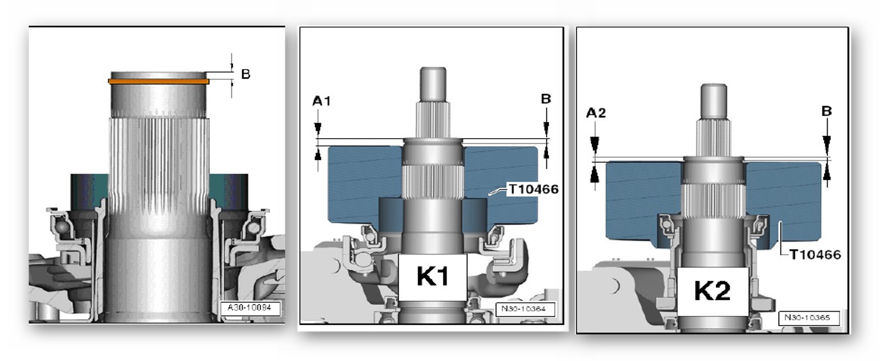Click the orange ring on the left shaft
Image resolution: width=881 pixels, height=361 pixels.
click(159, 81)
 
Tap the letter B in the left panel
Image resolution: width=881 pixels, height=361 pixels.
click(246, 74)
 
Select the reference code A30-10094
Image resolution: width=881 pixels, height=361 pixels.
click(249, 307)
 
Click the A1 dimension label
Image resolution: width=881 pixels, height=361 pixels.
click(321, 101)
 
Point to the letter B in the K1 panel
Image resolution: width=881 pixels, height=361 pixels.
click(546, 99)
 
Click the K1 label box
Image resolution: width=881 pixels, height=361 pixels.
click(432, 276)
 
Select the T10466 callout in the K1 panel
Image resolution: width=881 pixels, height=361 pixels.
click(533, 189)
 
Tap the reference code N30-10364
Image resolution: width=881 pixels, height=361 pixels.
click(523, 309)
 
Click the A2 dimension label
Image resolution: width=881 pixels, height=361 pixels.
click(596, 113)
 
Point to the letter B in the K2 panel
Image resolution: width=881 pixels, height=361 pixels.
click(826, 111)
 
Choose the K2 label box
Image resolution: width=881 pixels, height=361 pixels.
click(712, 290)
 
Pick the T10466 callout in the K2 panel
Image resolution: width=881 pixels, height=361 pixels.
click(814, 255)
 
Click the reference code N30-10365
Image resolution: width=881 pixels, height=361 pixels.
click(807, 317)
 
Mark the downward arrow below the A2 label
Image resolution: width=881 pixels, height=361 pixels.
click(595, 144)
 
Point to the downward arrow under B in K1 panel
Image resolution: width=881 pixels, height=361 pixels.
click(546, 127)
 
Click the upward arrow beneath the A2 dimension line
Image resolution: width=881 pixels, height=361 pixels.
click(595, 175)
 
